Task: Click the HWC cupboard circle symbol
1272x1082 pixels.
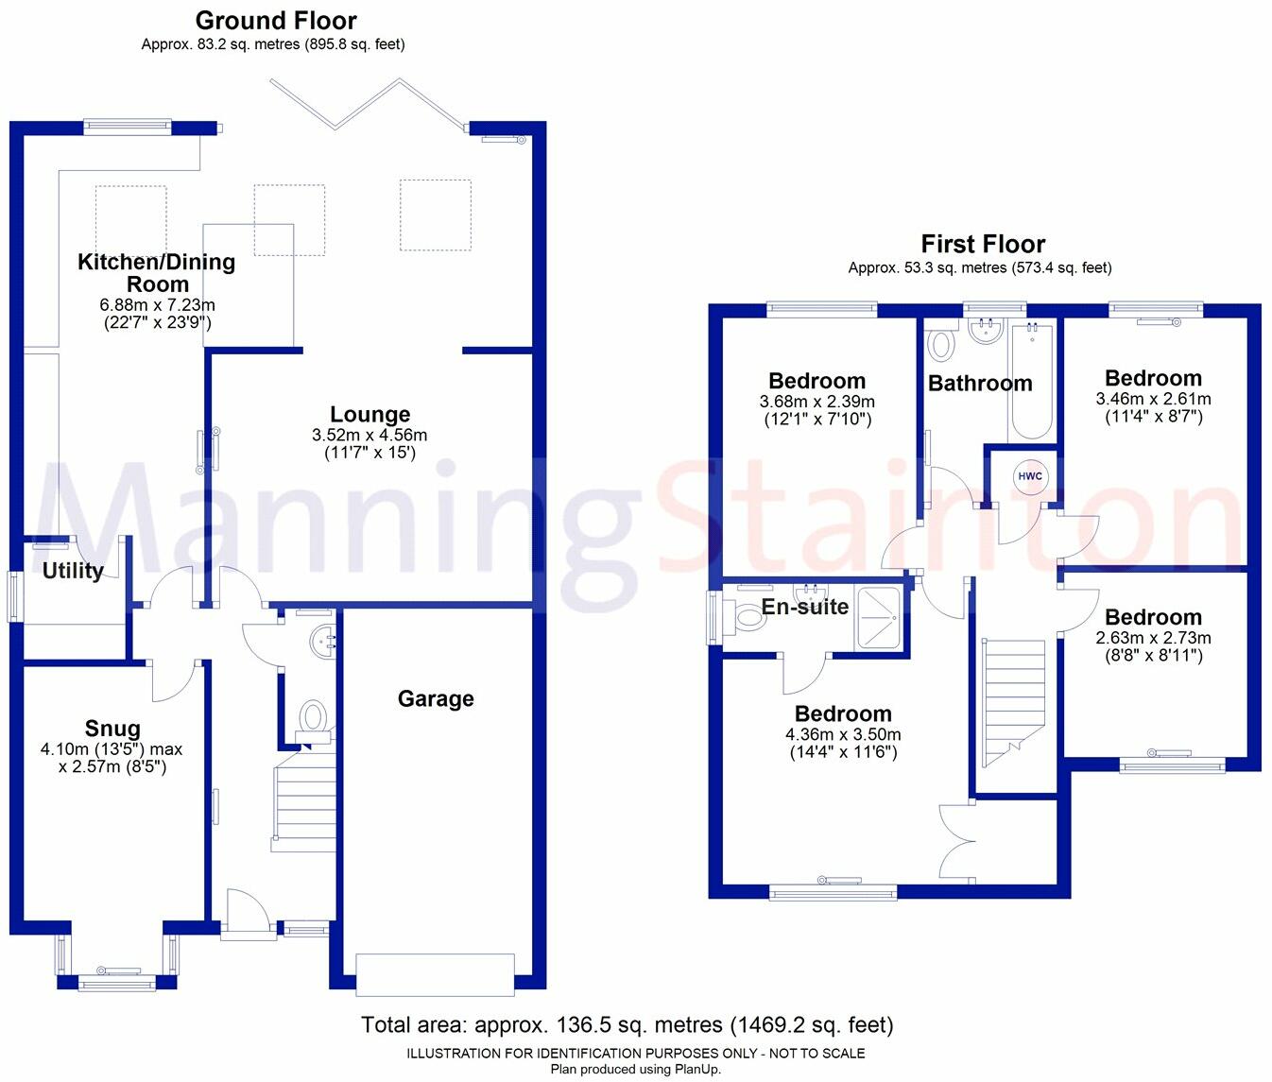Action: coord(1030,476)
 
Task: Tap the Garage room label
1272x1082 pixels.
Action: coord(436,699)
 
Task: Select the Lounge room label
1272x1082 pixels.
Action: coord(370,414)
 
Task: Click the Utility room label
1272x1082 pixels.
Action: coord(73,571)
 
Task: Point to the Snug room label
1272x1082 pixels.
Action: coord(112,729)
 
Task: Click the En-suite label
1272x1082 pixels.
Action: coord(805,607)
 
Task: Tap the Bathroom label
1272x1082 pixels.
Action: coord(980,383)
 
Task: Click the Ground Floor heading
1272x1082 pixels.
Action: coord(276,20)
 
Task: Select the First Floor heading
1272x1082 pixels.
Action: coord(983,244)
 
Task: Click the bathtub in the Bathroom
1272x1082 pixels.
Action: coord(1032,383)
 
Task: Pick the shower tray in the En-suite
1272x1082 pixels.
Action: coord(879,619)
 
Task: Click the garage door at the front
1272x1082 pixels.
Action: coord(436,974)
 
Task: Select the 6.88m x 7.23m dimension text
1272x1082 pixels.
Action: coord(157,305)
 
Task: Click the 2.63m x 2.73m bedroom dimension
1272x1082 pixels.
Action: coord(1153,638)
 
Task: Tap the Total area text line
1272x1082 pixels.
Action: coord(627,1024)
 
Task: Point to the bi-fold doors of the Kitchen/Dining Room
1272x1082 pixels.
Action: coord(369,104)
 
